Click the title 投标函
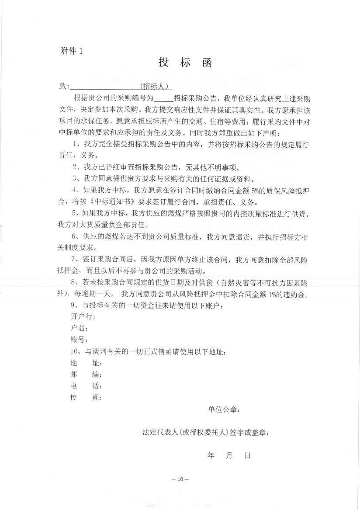tap(185, 63)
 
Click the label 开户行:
tap(83, 316)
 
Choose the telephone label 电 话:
tap(86, 386)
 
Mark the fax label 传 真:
tap(86, 398)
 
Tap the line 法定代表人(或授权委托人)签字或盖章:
tap(206, 433)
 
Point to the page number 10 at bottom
tap(180, 479)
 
